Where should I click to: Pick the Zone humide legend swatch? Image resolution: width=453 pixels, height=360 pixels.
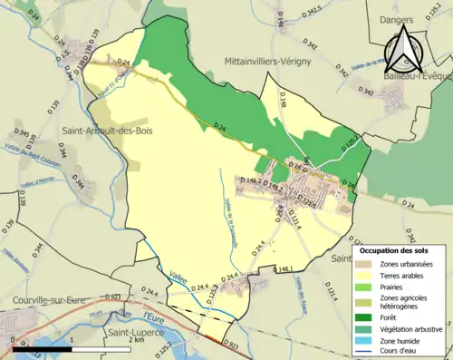(367, 343)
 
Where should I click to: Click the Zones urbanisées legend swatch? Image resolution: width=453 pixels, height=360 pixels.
(367, 264)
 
